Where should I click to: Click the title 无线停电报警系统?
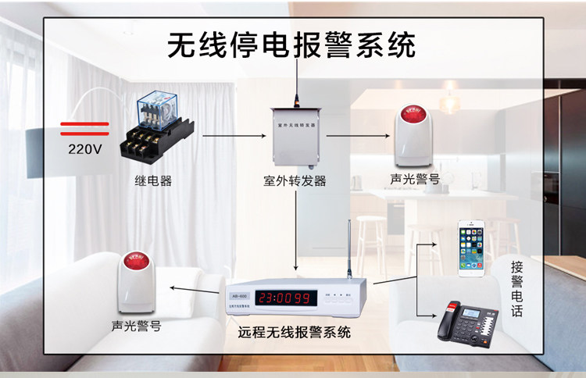[x=291, y=45]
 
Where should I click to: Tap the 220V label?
[x=84, y=148]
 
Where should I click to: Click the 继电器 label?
[x=152, y=181]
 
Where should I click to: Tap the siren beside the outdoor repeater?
[x=414, y=133]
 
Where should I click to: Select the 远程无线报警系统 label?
[x=295, y=332]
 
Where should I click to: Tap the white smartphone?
[x=471, y=248]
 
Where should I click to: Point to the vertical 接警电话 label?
[x=516, y=289]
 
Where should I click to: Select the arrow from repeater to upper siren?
[x=359, y=136]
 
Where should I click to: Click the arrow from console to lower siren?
[x=195, y=291]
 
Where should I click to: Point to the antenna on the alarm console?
[x=348, y=254]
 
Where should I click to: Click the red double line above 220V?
[x=84, y=127]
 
